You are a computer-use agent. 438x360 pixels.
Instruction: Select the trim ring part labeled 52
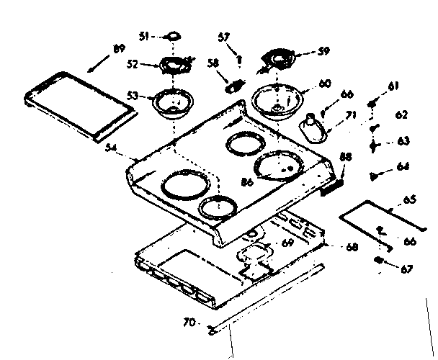(x=171, y=66)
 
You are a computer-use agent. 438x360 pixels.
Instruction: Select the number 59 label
(x=323, y=50)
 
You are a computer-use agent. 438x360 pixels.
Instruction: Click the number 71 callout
(x=351, y=114)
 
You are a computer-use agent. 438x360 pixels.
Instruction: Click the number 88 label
(x=346, y=158)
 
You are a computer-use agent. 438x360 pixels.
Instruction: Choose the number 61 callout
(x=393, y=86)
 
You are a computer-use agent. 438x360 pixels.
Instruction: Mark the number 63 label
(x=401, y=141)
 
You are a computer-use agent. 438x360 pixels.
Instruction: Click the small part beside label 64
(x=375, y=174)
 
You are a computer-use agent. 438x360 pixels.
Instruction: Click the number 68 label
(x=351, y=248)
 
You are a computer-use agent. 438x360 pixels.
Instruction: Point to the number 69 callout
(x=287, y=243)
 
